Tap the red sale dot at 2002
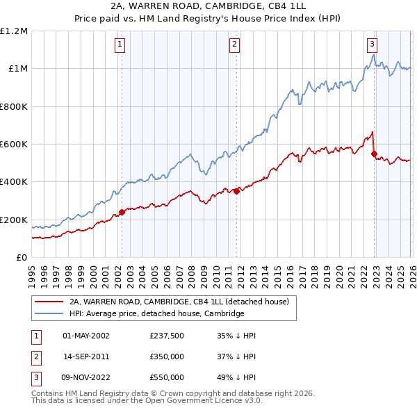coord(122,213)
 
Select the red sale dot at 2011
coord(236,191)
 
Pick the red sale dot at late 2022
coord(375,154)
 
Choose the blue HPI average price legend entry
coord(157,314)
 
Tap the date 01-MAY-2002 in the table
coord(85,336)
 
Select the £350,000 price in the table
coord(167,356)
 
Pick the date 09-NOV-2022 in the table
coord(85,377)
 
